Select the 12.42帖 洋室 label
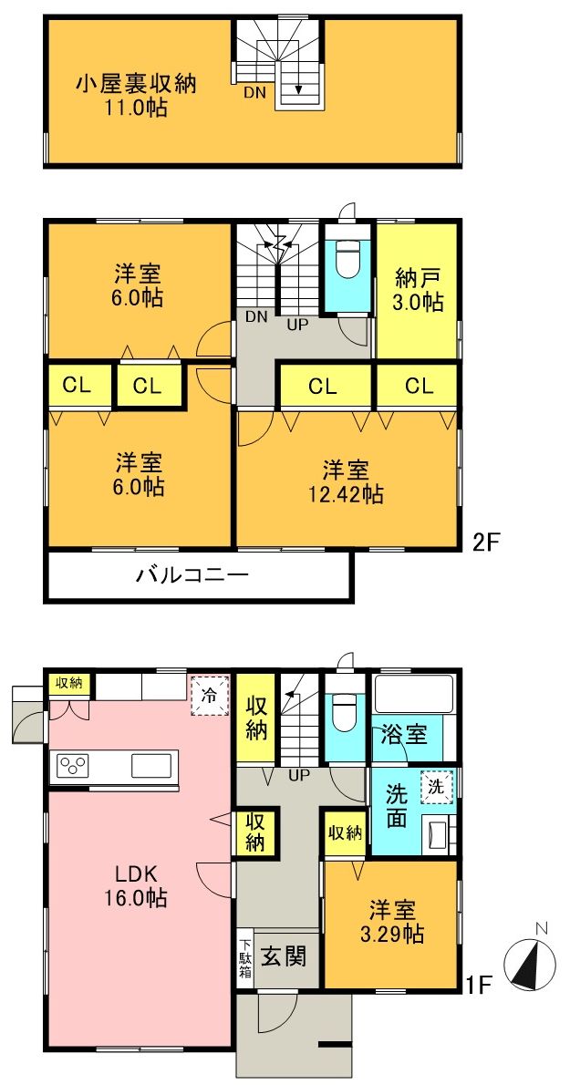click(x=346, y=482)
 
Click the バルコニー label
click(x=192, y=575)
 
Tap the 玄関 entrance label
click(x=284, y=957)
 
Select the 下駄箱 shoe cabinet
click(x=244, y=957)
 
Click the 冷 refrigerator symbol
click(x=209, y=697)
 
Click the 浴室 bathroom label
click(x=405, y=735)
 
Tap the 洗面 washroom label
click(x=396, y=804)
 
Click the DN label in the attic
click(x=254, y=92)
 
